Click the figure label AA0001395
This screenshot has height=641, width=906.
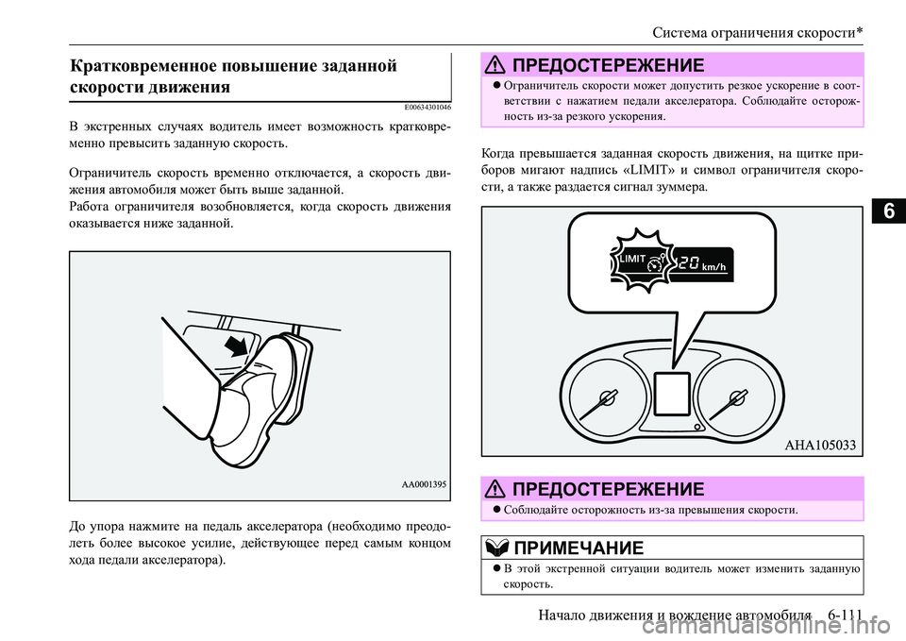click(418, 483)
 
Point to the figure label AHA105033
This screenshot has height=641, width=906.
click(821, 447)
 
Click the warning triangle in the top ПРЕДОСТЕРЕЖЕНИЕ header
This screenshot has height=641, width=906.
click(498, 65)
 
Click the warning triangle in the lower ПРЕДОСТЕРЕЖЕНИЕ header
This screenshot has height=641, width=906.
click(498, 488)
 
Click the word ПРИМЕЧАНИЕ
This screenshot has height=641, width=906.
click(579, 548)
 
